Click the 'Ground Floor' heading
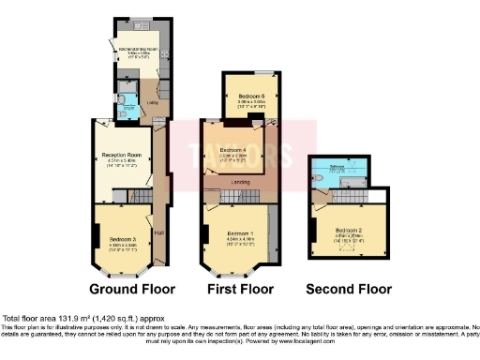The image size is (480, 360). click(x=128, y=289)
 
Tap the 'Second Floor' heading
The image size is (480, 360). click(x=349, y=289)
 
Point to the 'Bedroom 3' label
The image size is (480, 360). click(x=121, y=239)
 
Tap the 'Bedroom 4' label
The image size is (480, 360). click(x=232, y=150)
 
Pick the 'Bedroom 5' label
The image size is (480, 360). click(x=249, y=95)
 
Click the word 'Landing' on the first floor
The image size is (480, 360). click(x=240, y=182)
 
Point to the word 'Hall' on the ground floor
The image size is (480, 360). click(x=158, y=232)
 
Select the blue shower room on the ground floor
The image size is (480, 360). click(x=127, y=104)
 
